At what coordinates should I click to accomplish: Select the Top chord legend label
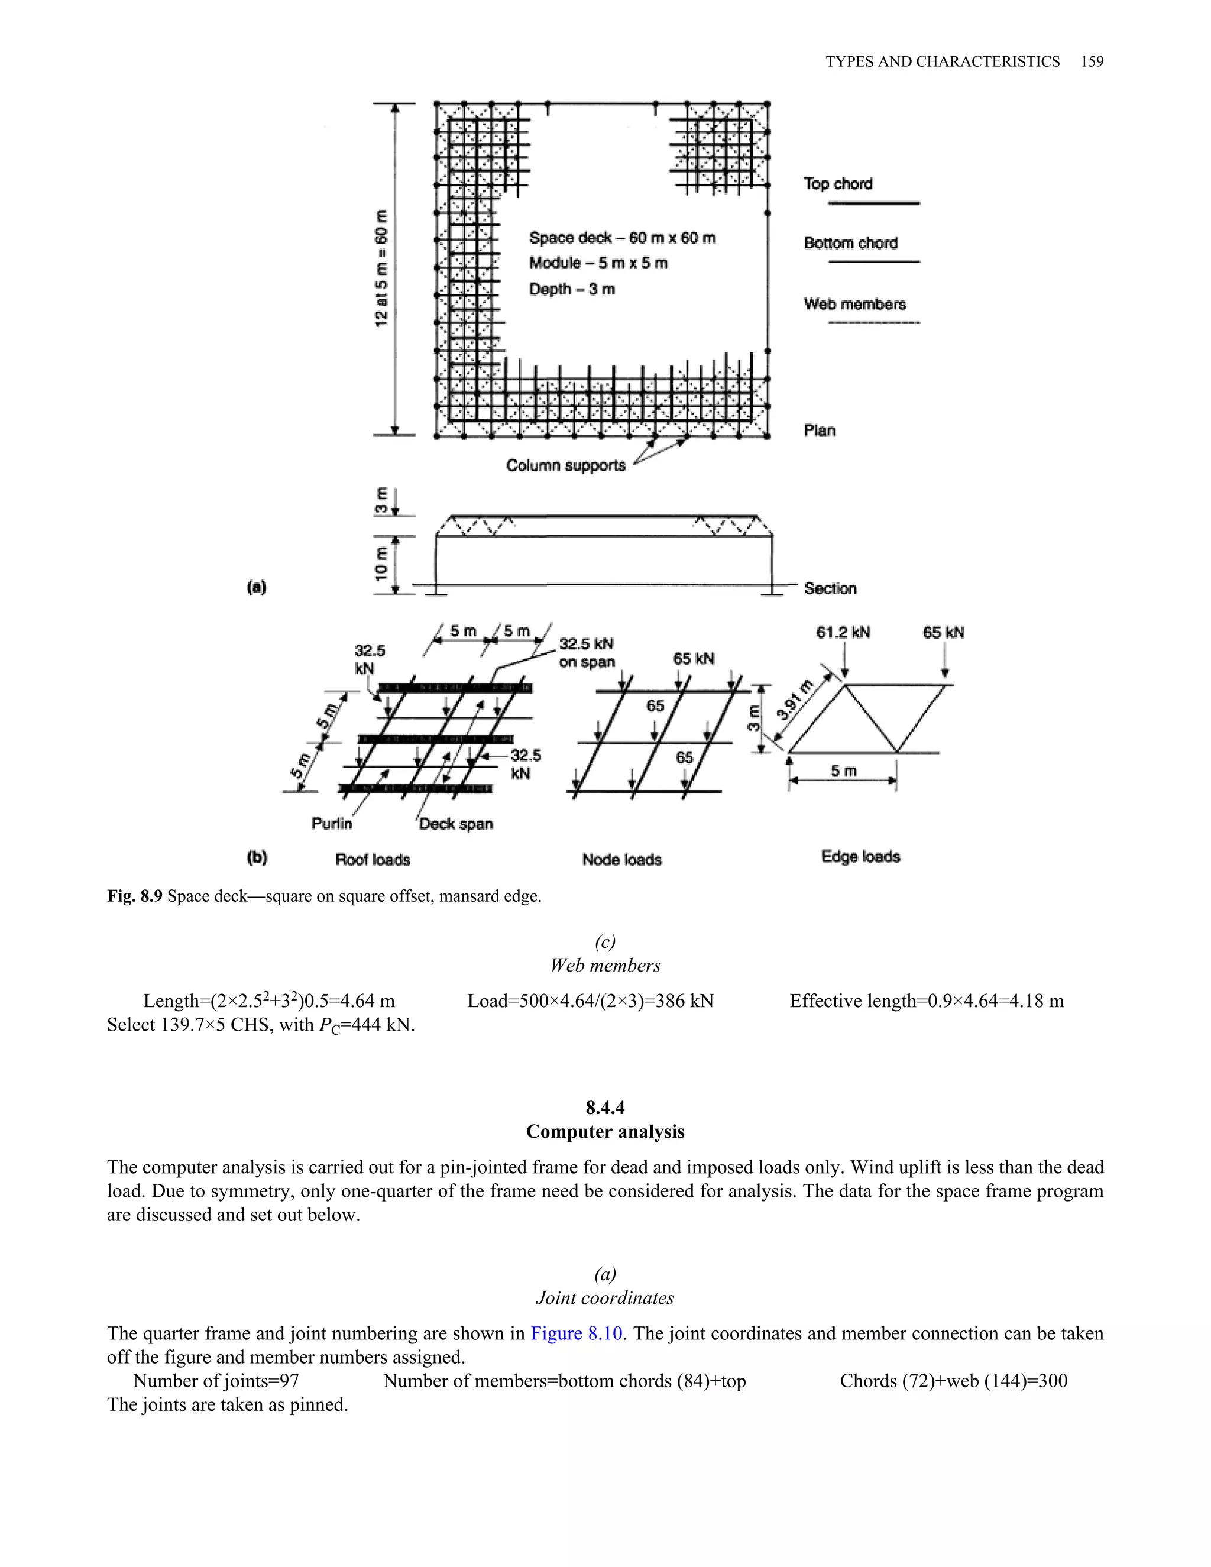838,184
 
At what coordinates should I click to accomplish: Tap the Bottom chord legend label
850,243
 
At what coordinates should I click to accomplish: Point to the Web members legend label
854,304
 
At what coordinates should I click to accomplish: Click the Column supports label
565,465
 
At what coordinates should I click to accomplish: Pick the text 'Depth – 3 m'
572,289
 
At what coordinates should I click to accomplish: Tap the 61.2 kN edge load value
843,632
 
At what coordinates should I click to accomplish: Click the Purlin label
332,824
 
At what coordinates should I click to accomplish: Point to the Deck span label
456,824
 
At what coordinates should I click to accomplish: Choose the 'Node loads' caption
621,860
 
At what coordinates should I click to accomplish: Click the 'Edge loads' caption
860,857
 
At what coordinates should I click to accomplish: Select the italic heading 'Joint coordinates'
605,1298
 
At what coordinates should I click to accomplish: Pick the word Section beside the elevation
830,588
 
